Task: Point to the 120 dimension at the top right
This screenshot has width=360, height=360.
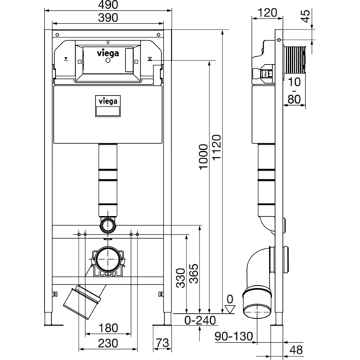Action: click(x=271, y=12)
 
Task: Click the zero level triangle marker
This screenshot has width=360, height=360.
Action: click(x=229, y=308)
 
